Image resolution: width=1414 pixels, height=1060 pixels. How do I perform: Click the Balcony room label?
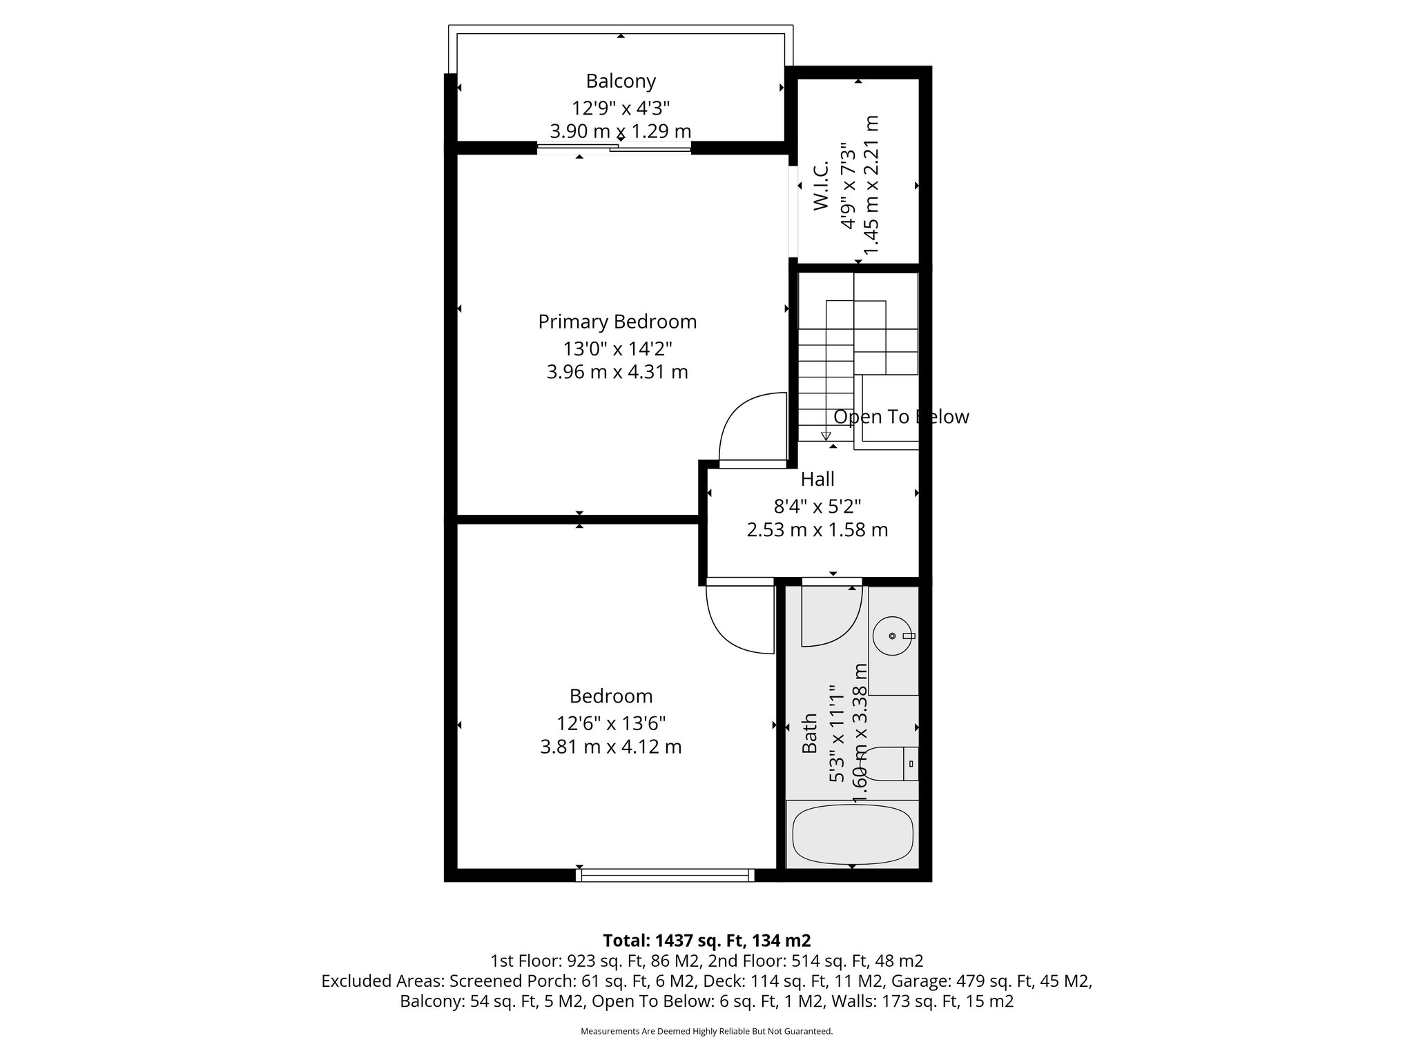(620, 81)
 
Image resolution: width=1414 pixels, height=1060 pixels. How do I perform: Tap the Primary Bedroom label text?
(617, 322)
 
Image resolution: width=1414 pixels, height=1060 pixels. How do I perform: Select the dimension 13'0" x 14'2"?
(617, 348)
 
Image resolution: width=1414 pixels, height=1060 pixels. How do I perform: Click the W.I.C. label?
(821, 186)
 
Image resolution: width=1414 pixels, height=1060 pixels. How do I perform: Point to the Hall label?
(817, 479)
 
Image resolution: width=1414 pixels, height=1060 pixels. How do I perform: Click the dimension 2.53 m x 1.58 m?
(817, 530)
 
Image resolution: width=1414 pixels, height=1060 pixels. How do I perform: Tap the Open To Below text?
(901, 417)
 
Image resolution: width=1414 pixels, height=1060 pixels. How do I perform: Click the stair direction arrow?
(825, 435)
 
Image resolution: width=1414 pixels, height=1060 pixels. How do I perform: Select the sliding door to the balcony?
(614, 147)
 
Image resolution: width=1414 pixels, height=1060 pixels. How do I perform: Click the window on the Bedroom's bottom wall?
(666, 875)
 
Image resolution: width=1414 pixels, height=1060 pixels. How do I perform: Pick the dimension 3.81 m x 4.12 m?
(611, 747)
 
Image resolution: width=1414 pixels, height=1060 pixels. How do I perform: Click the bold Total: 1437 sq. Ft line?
(707, 941)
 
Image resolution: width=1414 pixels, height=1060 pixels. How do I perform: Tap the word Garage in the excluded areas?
(916, 981)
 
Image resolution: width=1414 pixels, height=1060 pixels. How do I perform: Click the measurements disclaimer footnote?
(707, 1031)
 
